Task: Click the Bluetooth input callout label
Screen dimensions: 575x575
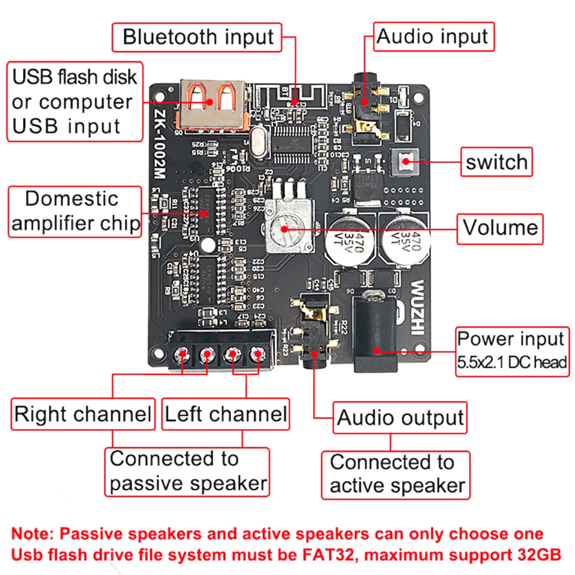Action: pyautogui.click(x=197, y=37)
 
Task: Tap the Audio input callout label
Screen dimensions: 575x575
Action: pyautogui.click(x=433, y=37)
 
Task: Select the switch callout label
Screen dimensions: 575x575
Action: pyautogui.click(x=496, y=162)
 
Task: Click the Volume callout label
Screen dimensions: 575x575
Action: pyautogui.click(x=500, y=229)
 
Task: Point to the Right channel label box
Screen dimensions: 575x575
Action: pyautogui.click(x=83, y=414)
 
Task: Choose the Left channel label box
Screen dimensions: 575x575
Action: pyautogui.click(x=226, y=414)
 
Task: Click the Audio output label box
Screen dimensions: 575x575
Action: pyautogui.click(x=400, y=418)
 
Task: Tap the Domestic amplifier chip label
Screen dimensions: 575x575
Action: pyautogui.click(x=75, y=211)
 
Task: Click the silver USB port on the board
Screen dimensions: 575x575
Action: pyautogui.click(x=213, y=104)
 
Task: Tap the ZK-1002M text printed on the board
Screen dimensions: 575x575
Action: pyautogui.click(x=160, y=144)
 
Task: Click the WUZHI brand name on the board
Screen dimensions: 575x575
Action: pyautogui.click(x=417, y=307)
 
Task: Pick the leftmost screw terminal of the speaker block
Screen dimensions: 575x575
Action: pyautogui.click(x=182, y=354)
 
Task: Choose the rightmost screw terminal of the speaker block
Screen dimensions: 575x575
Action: pyautogui.click(x=257, y=354)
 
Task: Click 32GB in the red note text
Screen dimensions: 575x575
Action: pyautogui.click(x=539, y=555)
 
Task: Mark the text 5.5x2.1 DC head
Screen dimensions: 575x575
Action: pyautogui.click(x=512, y=362)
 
